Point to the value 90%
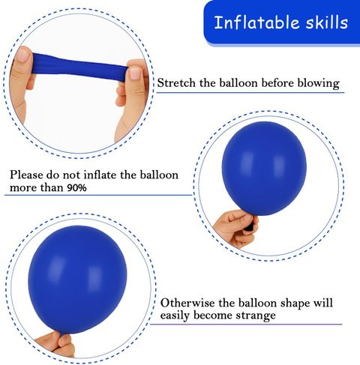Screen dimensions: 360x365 point(76,187)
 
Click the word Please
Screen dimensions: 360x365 point(26,175)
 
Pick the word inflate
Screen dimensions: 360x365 point(100,175)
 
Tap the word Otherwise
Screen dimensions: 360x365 point(187,303)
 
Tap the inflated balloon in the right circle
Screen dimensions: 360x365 point(264,170)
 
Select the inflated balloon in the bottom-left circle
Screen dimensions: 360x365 point(77,280)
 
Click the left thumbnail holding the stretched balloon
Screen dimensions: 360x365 point(23,56)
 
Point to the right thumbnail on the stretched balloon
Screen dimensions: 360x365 point(136,73)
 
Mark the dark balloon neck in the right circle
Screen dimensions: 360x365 point(250,226)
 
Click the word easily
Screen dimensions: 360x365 point(175,316)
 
